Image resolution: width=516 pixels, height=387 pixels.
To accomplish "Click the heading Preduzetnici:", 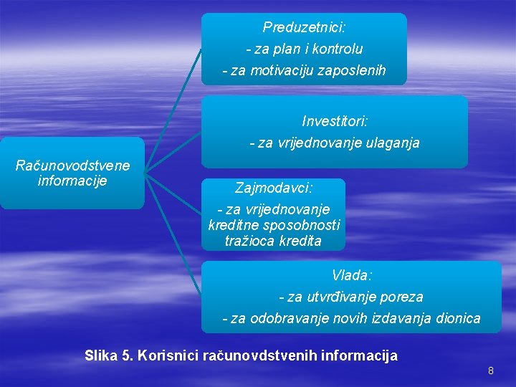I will [304, 28].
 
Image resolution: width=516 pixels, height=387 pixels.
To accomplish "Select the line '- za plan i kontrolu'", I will [304, 49].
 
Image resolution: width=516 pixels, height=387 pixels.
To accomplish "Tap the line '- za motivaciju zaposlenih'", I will [304, 71].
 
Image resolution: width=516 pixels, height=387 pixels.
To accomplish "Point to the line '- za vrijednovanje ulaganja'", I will [335, 143].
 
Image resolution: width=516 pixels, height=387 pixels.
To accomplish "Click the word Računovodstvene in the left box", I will [72, 166].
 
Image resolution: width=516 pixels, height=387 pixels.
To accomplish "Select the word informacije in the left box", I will [72, 180].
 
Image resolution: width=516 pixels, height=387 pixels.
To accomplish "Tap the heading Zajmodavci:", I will [274, 188].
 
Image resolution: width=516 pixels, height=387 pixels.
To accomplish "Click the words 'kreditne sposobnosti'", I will [274, 224].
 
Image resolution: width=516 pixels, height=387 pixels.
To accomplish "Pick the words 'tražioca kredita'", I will [274, 241].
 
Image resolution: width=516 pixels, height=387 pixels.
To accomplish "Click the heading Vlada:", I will [351, 275].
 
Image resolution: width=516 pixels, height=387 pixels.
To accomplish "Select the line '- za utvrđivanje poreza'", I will [351, 297].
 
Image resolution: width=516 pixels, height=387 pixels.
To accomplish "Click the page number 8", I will [491, 371].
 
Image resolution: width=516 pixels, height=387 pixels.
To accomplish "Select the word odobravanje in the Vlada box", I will [294, 318].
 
